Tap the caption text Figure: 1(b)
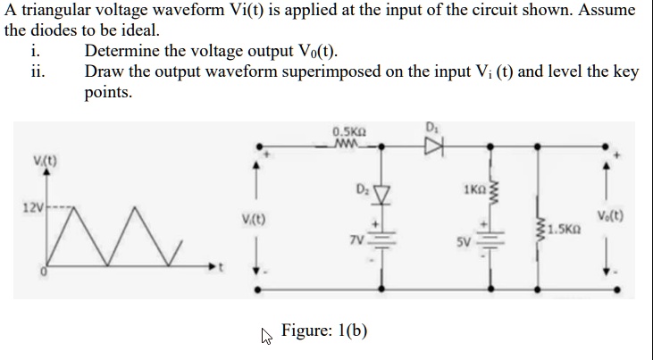(x=324, y=331)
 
